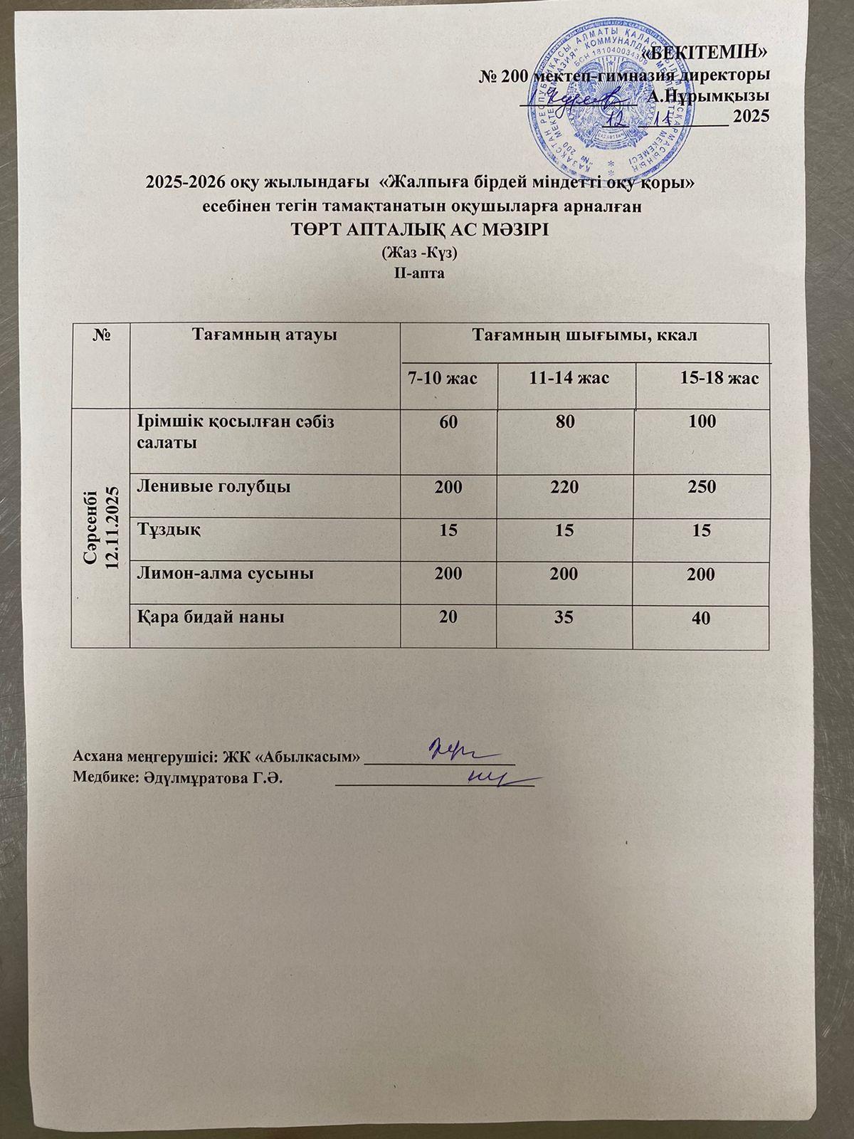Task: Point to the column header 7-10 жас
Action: pos(442,378)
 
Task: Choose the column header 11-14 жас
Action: pos(569,378)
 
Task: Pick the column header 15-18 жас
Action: pos(719,378)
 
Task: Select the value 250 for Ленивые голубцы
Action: pos(702,488)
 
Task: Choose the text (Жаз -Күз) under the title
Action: pos(419,253)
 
